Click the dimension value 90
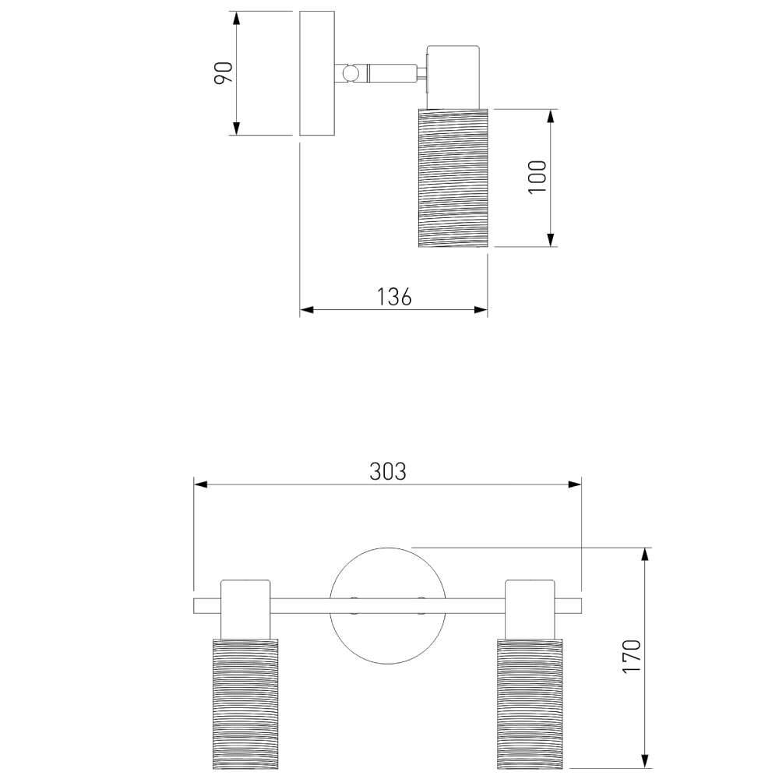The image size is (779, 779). click(x=224, y=73)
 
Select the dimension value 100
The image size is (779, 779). click(x=537, y=178)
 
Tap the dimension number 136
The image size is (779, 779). click(x=394, y=297)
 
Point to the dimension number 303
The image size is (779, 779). click(x=388, y=471)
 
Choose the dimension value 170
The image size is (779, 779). click(x=632, y=657)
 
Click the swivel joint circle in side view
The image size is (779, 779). click(x=351, y=73)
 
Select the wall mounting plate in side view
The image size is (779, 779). click(x=317, y=73)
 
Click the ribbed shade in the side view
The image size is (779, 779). click(x=453, y=178)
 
